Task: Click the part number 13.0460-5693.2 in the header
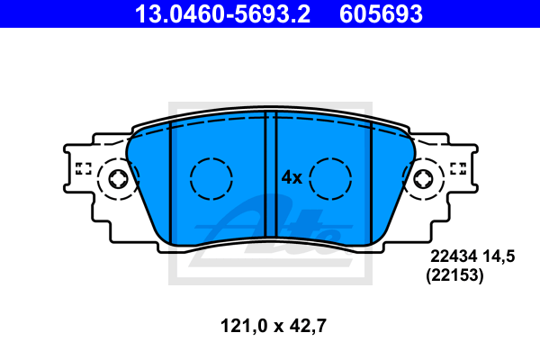tap(222, 14)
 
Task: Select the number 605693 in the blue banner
tap(381, 14)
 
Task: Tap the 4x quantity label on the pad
tap(292, 178)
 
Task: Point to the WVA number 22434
tap(454, 256)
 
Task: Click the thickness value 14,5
tap(499, 257)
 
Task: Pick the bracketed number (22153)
tap(454, 275)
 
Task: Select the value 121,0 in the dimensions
tap(244, 326)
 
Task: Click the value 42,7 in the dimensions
tap(308, 326)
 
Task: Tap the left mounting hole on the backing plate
tap(118, 179)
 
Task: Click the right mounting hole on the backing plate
tap(423, 179)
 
